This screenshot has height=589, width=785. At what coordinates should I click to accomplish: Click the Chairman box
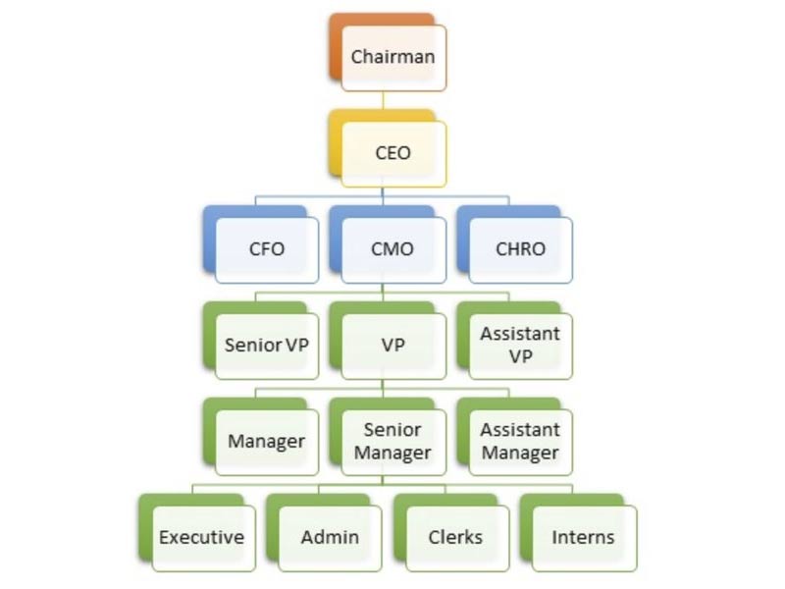[392, 57]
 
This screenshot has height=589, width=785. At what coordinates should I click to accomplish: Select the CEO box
[392, 153]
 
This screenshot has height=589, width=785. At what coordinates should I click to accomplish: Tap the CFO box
[267, 249]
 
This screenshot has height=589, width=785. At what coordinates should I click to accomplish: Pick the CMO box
[392, 249]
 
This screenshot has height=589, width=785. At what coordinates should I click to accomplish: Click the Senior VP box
[267, 346]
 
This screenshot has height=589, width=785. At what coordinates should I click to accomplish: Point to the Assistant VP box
[520, 346]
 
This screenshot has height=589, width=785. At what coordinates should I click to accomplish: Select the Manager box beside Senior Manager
[267, 442]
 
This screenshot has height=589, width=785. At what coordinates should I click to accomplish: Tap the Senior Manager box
[392, 442]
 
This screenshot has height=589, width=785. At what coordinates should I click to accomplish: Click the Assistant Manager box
[520, 442]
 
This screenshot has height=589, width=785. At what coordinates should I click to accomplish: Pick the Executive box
[202, 538]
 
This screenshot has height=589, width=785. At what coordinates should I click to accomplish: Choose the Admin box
[330, 538]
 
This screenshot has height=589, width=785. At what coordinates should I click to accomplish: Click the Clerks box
[456, 538]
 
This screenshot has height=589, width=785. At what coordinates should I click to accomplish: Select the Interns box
[583, 538]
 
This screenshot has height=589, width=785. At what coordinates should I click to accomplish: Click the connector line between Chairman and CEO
[384, 101]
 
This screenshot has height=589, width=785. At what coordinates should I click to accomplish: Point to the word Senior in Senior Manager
[392, 430]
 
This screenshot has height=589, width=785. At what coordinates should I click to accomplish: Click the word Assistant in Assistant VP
[520, 334]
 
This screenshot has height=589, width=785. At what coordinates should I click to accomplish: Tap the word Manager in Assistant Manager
[520, 454]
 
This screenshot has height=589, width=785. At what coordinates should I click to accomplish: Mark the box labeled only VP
[392, 346]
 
